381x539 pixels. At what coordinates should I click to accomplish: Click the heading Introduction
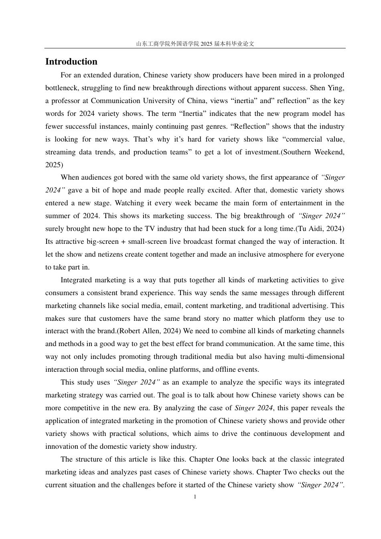click(x=71, y=62)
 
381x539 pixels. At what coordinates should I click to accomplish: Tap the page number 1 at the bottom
click(x=195, y=497)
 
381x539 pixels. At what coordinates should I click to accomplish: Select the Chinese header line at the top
click(x=195, y=44)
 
